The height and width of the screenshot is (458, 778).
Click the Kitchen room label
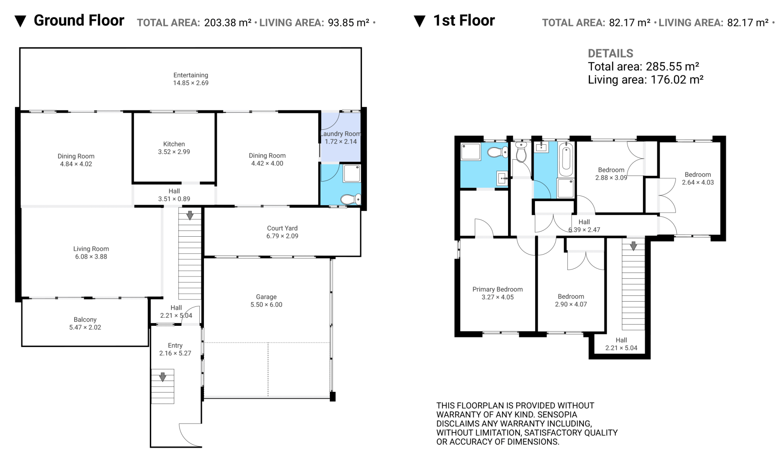pos(174,144)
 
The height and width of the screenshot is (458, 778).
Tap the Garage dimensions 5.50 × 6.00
pos(266,305)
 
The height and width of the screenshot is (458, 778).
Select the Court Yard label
pos(282,228)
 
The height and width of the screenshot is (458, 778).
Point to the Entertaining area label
pos(190,75)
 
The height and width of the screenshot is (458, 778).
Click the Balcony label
pos(85,319)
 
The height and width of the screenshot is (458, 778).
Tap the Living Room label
pos(91,249)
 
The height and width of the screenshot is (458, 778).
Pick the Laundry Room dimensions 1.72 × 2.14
pos(341,141)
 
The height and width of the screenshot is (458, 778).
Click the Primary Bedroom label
pos(498,289)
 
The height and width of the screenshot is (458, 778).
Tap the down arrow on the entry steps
pos(162,377)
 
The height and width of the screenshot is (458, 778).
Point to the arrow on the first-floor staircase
pos(633,246)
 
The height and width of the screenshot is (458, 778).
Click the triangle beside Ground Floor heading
pos(20,21)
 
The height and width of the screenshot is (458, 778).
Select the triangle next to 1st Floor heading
pos(419,21)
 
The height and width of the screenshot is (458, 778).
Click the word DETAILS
pos(610,54)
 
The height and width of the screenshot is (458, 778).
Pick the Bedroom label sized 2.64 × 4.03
pos(698,175)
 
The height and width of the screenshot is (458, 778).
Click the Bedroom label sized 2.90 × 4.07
pos(571,297)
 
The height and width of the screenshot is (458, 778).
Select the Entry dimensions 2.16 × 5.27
pos(175,353)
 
